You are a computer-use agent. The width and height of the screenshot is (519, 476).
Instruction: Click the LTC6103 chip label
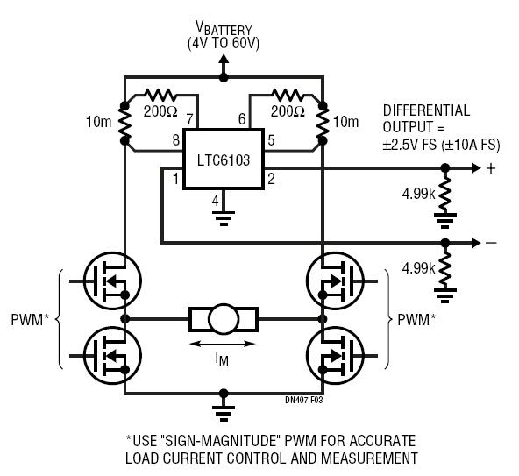coord(224,160)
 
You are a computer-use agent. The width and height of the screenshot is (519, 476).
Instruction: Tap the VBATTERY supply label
coord(224,29)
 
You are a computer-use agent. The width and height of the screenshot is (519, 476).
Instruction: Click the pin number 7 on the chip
coord(189,119)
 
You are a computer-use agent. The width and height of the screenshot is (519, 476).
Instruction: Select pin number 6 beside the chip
coord(242,119)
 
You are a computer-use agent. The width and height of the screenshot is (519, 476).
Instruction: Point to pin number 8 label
coord(176,140)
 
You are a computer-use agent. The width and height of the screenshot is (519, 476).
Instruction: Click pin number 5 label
coord(271,140)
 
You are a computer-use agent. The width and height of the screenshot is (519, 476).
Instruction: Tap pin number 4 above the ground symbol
coord(216,201)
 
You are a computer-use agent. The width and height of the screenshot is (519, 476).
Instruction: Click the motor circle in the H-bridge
coord(224,319)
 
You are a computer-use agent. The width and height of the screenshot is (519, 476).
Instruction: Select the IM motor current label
coord(222,359)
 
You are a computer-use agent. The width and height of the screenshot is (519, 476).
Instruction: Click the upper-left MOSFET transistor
coord(112,281)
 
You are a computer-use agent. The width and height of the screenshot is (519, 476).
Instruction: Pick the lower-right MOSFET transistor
coord(335,356)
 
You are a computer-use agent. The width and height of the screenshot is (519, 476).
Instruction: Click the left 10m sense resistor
coord(124,123)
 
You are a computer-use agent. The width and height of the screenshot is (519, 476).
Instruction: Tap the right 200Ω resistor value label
coord(288,111)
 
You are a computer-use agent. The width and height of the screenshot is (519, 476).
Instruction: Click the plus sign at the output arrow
coord(491,168)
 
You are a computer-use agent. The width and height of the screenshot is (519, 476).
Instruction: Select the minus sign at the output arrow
coord(492,244)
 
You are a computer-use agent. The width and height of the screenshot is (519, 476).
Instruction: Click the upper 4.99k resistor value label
coord(418,194)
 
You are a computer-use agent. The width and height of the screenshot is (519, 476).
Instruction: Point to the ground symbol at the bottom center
coord(224,413)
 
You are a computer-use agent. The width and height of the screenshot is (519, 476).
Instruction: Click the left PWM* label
coord(30,320)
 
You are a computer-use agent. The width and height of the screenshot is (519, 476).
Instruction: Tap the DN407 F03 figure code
coord(304,400)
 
